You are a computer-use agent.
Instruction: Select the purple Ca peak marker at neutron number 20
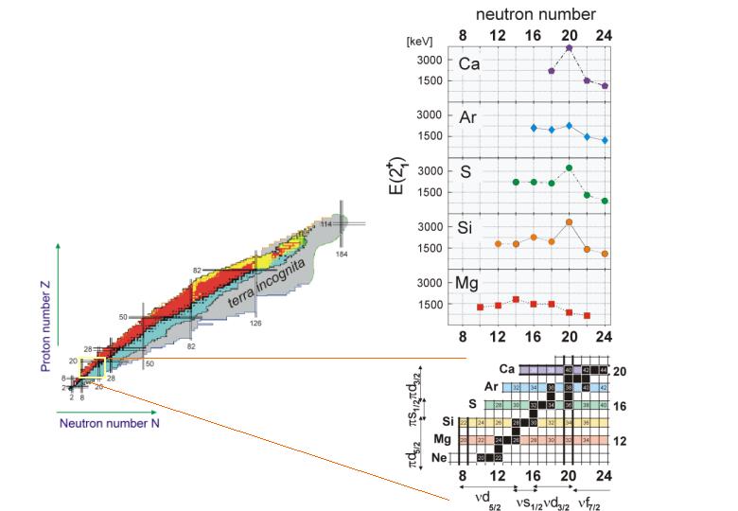(x=569, y=47)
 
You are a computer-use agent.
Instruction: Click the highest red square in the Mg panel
(x=516, y=299)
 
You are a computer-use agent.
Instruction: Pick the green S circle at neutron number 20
(x=569, y=168)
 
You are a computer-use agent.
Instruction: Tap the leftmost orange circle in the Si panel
(x=498, y=244)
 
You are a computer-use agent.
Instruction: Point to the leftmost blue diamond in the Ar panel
(x=534, y=127)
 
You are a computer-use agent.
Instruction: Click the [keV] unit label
(x=418, y=43)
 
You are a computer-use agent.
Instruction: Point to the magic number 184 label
(x=341, y=255)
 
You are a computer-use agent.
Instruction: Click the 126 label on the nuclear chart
(x=255, y=323)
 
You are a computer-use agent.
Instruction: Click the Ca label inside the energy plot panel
(x=469, y=64)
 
